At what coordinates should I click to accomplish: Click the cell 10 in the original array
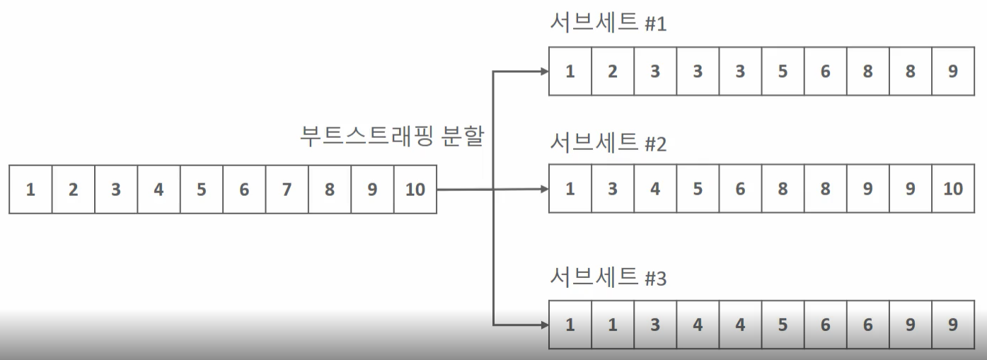tap(415, 190)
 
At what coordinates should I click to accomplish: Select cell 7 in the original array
tap(287, 190)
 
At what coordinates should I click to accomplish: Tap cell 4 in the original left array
tap(158, 190)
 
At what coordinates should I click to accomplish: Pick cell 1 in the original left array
tap(30, 190)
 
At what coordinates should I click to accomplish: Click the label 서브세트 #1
tap(608, 24)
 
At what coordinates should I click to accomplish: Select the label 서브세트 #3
tap(608, 277)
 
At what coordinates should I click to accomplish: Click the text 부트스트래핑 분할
tap(392, 136)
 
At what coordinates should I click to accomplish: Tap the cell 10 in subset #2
tap(953, 189)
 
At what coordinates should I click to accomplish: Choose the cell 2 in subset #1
tap(613, 71)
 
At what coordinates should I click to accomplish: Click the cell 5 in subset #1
tap(783, 71)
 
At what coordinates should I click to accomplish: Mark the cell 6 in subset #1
tap(826, 71)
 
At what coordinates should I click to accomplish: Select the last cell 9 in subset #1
tap(953, 71)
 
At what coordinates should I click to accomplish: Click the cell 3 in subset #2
tap(613, 189)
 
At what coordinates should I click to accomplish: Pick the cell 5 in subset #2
tap(698, 189)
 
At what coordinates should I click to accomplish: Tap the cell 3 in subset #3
tap(655, 325)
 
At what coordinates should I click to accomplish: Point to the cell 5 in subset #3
tap(783, 325)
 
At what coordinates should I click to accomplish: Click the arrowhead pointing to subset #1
tap(543, 71)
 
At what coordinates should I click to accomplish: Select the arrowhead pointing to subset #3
tap(543, 325)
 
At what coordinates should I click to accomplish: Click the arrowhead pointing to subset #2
tap(543, 189)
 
